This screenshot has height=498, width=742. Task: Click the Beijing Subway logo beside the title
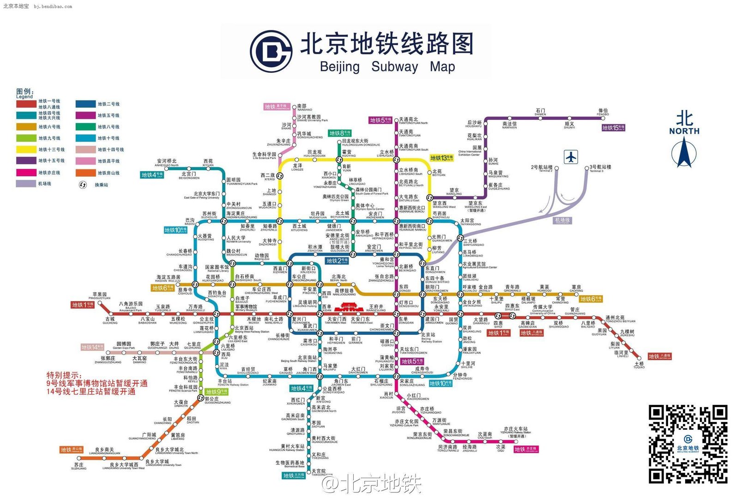271,52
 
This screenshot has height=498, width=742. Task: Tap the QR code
688,444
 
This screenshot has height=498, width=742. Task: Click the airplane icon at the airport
571,157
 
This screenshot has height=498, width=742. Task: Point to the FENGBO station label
603,112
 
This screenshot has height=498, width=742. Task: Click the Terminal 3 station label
600,168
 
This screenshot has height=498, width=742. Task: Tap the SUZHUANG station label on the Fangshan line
78,466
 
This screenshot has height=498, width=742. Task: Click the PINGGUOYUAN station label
99,296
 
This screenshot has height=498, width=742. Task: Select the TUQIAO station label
639,365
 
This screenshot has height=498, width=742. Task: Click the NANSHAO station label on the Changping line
304,107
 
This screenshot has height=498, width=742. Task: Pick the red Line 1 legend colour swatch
26,104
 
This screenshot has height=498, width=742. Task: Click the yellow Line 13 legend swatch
26,149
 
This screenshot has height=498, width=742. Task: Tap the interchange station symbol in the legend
83,185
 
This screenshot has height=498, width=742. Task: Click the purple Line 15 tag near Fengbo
613,128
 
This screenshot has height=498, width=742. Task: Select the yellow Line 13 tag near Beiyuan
441,158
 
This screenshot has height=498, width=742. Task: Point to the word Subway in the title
394,66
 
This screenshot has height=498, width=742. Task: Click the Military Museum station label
246,308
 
